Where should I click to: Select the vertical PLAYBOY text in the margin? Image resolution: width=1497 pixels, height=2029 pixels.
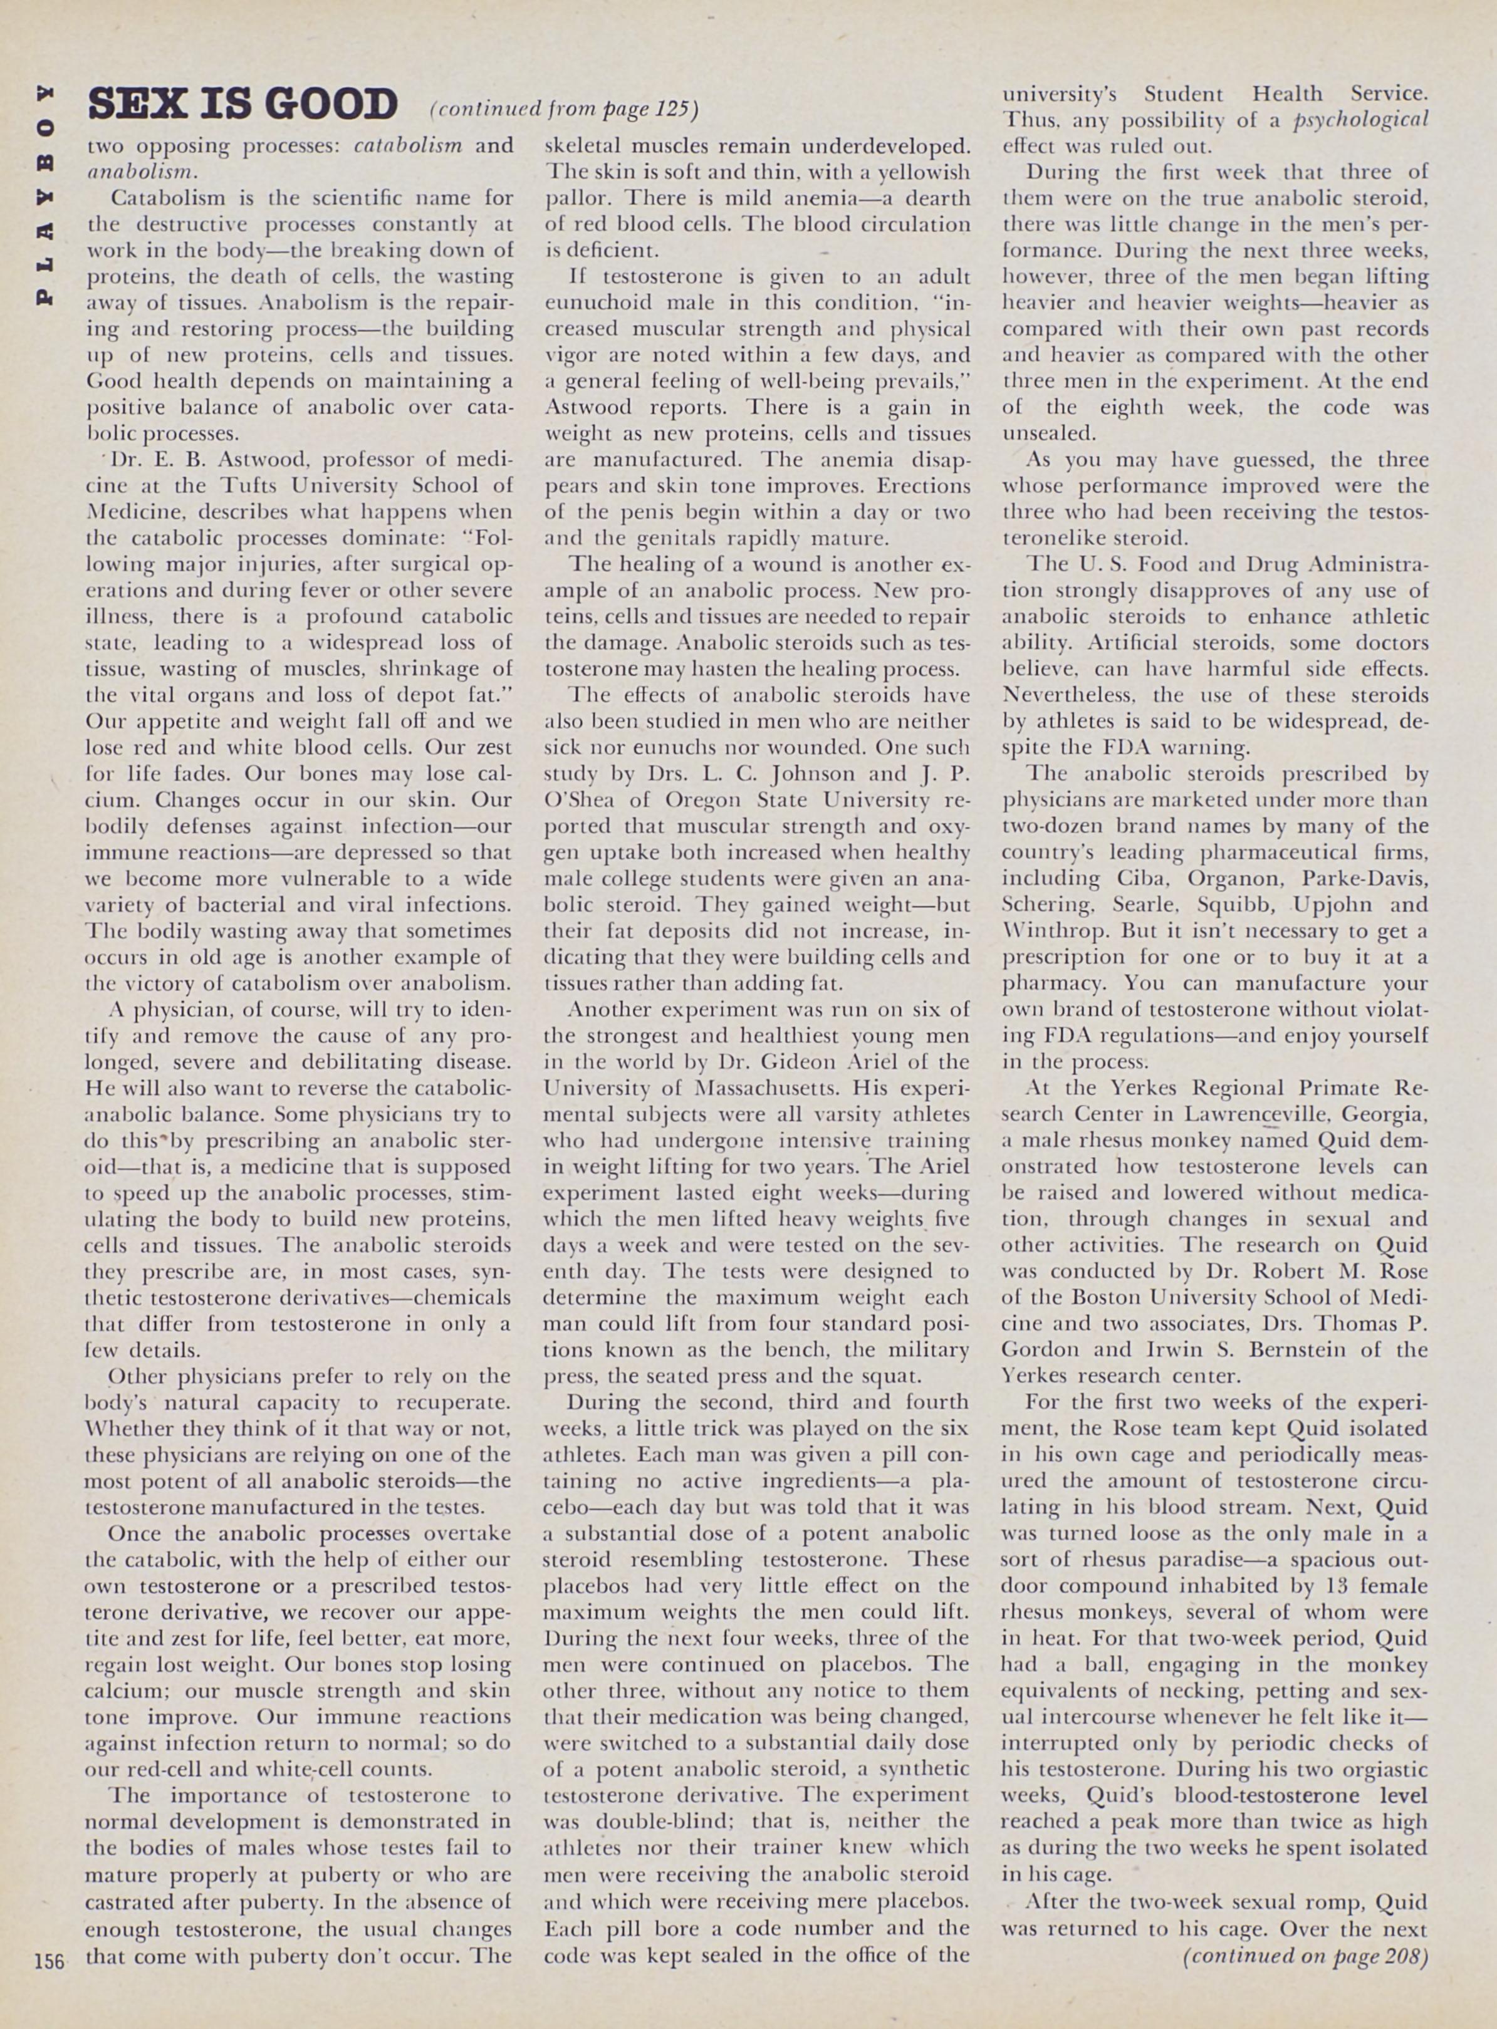(x=43, y=195)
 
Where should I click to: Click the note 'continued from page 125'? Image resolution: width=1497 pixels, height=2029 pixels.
(x=563, y=109)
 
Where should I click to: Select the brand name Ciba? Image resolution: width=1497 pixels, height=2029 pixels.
(x=1128, y=878)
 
